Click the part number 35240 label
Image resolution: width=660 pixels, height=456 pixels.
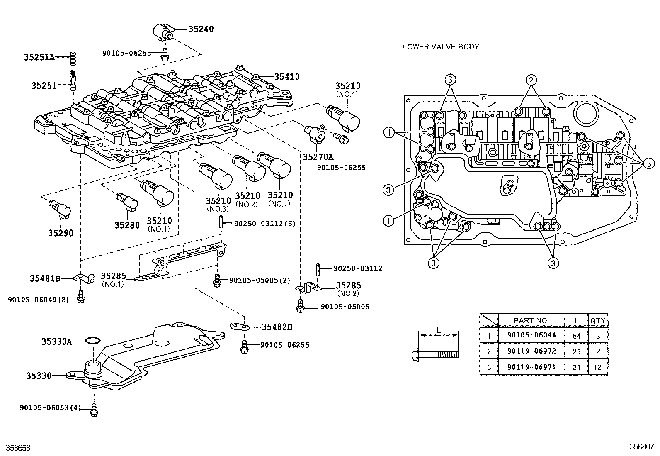pyautogui.click(x=201, y=29)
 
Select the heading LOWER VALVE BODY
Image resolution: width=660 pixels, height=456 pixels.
pyautogui.click(x=441, y=47)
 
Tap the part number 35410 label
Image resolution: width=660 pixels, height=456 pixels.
pyautogui.click(x=287, y=77)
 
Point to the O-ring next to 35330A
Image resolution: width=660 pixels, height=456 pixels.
pyautogui.click(x=92, y=341)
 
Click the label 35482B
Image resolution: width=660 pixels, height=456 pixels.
pyautogui.click(x=277, y=327)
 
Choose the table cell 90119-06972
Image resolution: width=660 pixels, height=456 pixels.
pyautogui.click(x=531, y=351)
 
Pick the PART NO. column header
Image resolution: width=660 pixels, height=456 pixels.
pyautogui.click(x=531, y=320)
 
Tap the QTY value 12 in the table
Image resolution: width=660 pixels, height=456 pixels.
pyautogui.click(x=598, y=368)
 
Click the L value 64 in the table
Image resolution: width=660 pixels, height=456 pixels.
pyautogui.click(x=577, y=336)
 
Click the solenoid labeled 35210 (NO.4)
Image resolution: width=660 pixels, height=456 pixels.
pyautogui.click(x=344, y=117)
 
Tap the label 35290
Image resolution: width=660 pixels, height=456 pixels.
pyautogui.click(x=61, y=233)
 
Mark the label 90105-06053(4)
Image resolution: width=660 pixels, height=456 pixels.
pyautogui.click(x=50, y=407)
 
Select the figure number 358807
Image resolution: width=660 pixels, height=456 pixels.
pyautogui.click(x=642, y=447)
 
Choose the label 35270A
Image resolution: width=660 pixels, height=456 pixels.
pyautogui.click(x=318, y=157)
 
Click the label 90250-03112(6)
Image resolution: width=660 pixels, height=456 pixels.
pyautogui.click(x=264, y=224)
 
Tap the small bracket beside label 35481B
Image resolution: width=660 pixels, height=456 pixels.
pyautogui.click(x=84, y=278)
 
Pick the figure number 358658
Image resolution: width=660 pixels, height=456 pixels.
pyautogui.click(x=19, y=448)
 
